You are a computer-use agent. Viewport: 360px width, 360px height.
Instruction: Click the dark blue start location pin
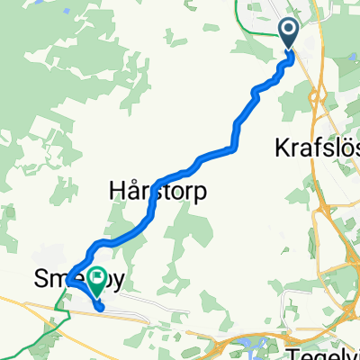coord(290,34)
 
